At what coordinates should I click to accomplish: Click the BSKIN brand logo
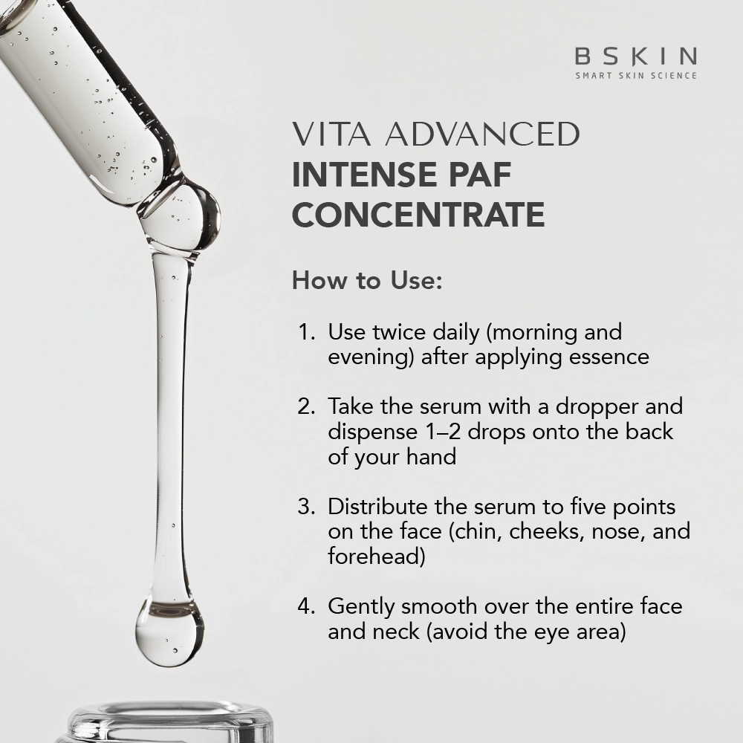click(636, 56)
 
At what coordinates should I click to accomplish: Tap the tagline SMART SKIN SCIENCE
click(636, 75)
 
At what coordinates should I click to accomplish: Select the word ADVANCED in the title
click(482, 134)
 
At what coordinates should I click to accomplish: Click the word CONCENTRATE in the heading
click(418, 214)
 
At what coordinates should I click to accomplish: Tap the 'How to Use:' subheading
click(367, 280)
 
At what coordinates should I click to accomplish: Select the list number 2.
click(306, 406)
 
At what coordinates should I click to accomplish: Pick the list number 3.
click(306, 507)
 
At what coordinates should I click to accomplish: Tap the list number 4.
click(306, 606)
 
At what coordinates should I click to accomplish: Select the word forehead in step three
click(376, 557)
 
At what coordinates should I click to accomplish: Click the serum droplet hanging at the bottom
click(169, 631)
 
